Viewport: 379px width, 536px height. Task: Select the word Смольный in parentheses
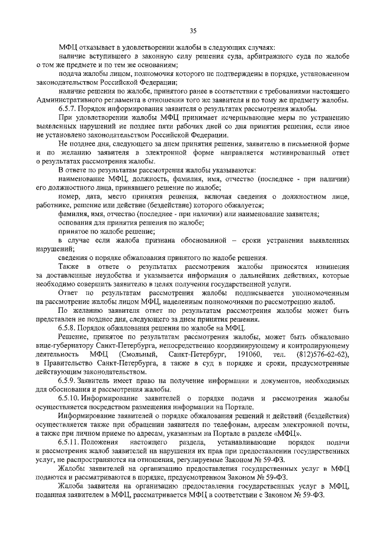click(x=142, y=354)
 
